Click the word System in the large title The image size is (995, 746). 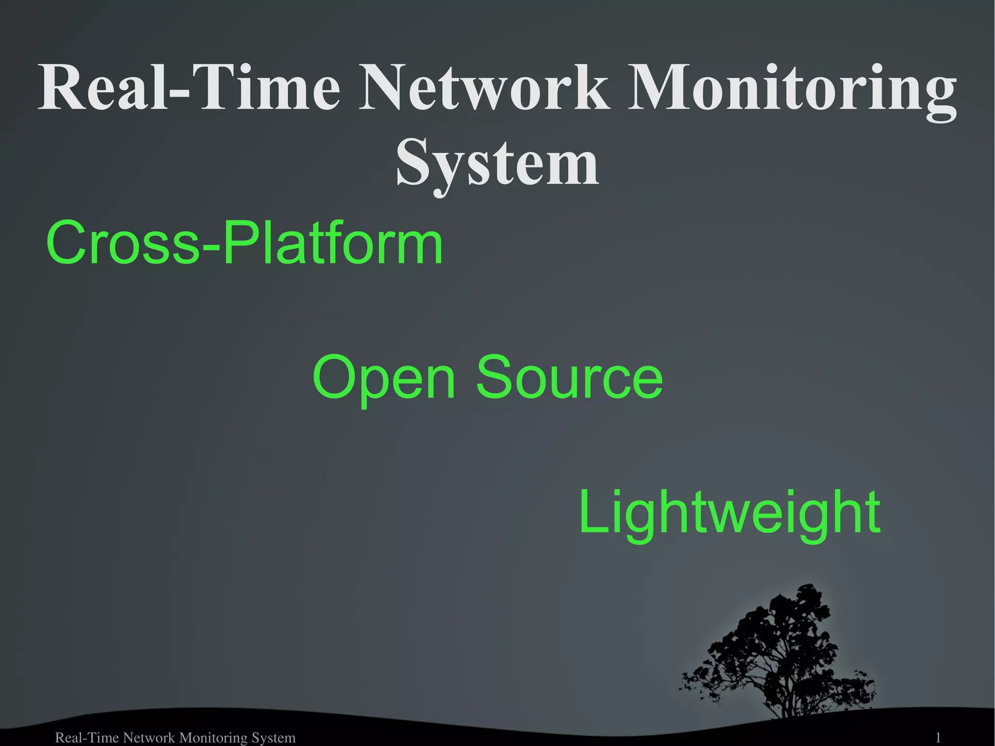click(x=497, y=163)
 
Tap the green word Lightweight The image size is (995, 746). click(x=729, y=513)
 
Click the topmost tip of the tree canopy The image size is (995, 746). click(x=809, y=586)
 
